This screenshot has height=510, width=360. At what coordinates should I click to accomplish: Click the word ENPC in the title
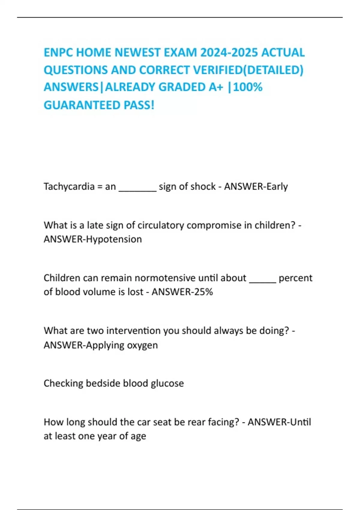(58, 53)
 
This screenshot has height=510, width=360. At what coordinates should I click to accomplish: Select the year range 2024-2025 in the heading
(229, 53)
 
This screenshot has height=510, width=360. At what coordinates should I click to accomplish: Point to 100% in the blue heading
(248, 87)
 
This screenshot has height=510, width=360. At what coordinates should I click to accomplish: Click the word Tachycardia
(69, 187)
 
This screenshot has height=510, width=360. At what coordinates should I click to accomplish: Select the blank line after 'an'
(138, 189)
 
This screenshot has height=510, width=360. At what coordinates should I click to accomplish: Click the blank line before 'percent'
(262, 280)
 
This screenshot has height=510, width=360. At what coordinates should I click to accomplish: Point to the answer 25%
(203, 292)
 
